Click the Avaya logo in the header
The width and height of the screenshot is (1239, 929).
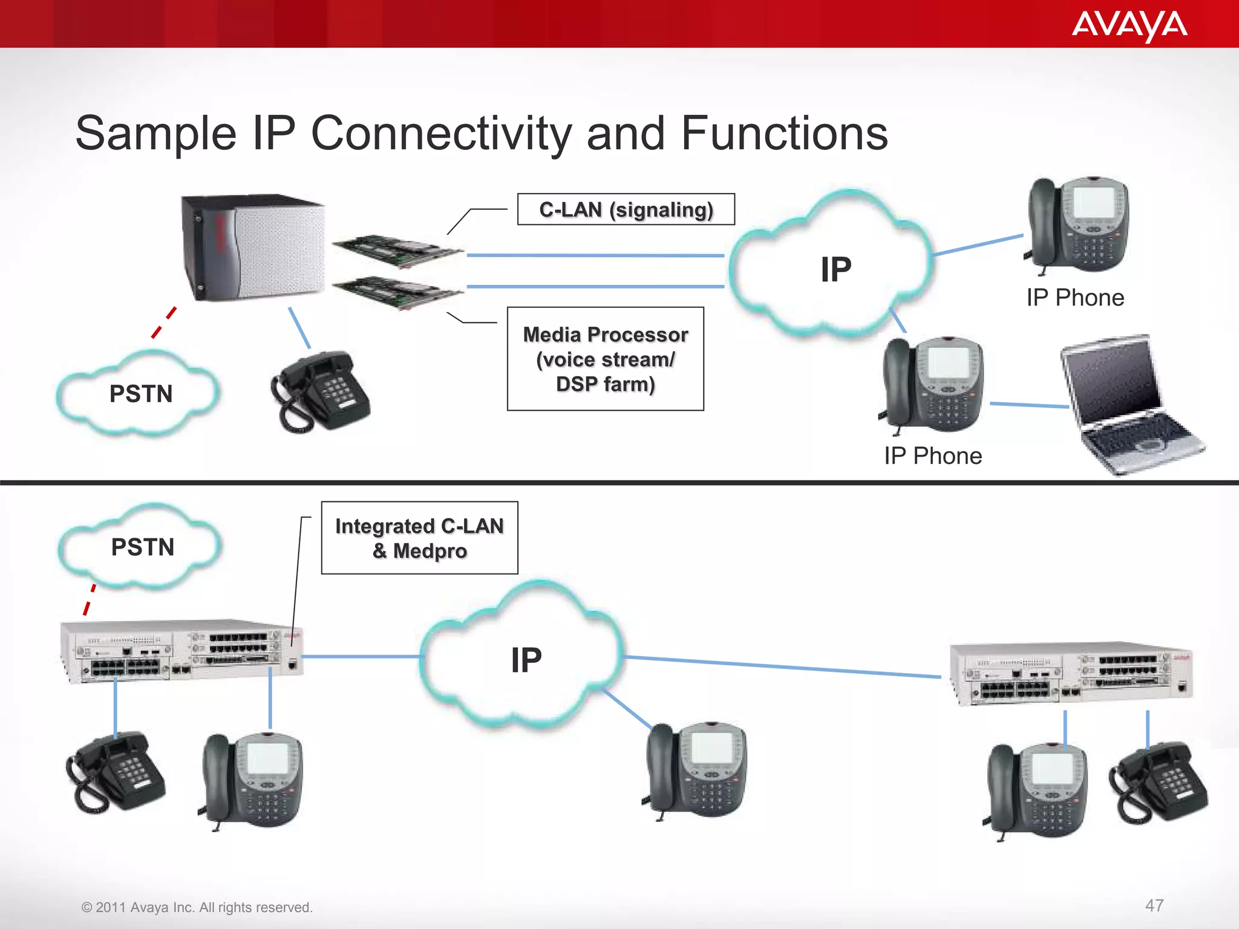1129,25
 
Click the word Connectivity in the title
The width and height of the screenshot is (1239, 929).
441,134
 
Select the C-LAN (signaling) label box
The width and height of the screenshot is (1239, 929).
626,209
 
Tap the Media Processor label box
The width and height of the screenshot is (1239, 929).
605,359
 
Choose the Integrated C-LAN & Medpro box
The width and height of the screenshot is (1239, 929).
419,538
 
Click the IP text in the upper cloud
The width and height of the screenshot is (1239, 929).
835,270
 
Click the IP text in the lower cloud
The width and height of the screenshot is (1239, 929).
526,660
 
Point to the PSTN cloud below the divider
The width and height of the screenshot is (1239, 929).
142,547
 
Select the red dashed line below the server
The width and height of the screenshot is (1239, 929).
164,322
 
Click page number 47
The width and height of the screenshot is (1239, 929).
1154,905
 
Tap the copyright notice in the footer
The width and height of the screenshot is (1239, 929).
197,907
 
